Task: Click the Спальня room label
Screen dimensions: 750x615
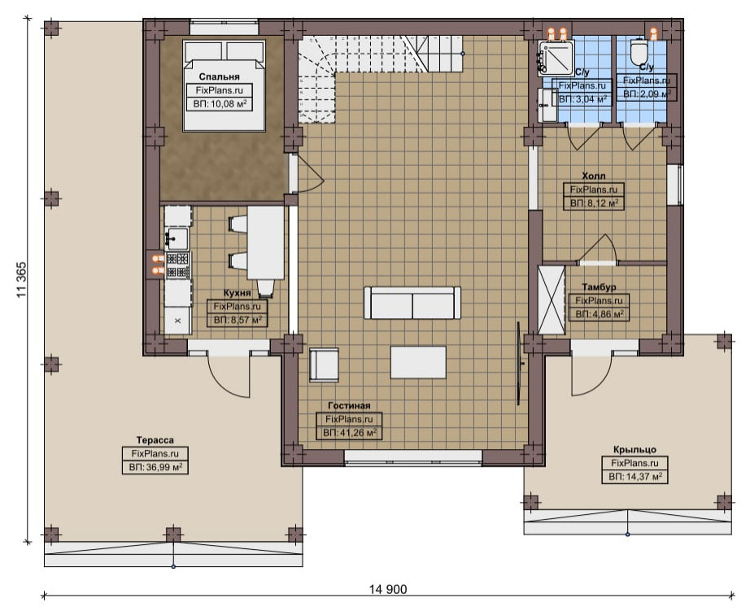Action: [219, 76]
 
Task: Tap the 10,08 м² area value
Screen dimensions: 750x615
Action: [227, 103]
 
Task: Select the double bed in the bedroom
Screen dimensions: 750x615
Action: [224, 85]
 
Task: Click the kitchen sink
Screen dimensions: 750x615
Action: [177, 238]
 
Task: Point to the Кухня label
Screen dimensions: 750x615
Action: [237, 293]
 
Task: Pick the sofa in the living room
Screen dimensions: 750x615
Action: [412, 303]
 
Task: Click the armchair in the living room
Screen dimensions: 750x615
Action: [324, 365]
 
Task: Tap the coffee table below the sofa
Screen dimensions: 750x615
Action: [418, 363]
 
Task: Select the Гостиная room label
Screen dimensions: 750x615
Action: [349, 406]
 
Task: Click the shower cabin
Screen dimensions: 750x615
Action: [556, 59]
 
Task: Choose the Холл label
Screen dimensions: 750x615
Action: [594, 176]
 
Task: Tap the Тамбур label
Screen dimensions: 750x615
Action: [599, 287]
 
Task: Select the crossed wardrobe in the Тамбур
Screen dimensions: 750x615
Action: [552, 300]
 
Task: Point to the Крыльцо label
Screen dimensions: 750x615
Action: [634, 450]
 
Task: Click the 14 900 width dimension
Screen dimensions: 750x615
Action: [388, 590]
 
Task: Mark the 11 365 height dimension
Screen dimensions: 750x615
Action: [22, 280]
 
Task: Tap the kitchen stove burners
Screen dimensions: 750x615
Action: [177, 266]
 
